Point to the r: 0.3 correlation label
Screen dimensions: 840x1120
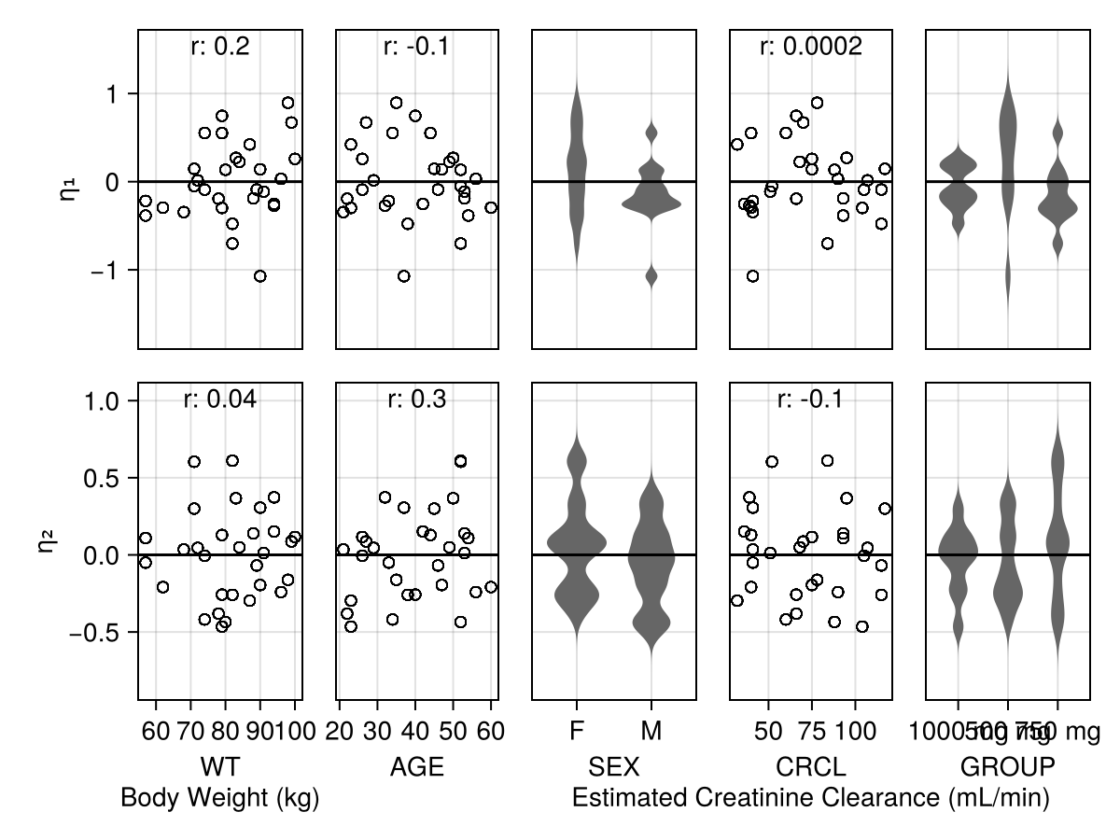tap(416, 399)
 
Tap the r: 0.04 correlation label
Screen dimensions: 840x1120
tap(220, 399)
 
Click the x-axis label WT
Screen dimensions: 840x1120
tap(220, 767)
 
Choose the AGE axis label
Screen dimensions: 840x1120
tap(416, 767)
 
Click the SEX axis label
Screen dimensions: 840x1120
tap(614, 767)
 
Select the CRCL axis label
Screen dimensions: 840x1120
tap(810, 767)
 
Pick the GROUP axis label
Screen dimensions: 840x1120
tap(1008, 767)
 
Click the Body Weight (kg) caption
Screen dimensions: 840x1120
tap(220, 798)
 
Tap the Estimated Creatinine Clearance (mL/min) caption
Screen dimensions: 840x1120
tap(810, 798)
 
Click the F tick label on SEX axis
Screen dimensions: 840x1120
tap(577, 732)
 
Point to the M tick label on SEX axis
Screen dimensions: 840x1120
tap(651, 732)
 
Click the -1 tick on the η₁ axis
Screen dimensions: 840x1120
tap(111, 270)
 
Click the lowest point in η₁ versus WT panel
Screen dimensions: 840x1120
tap(259, 275)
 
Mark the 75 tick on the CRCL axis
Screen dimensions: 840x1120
tap(812, 732)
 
